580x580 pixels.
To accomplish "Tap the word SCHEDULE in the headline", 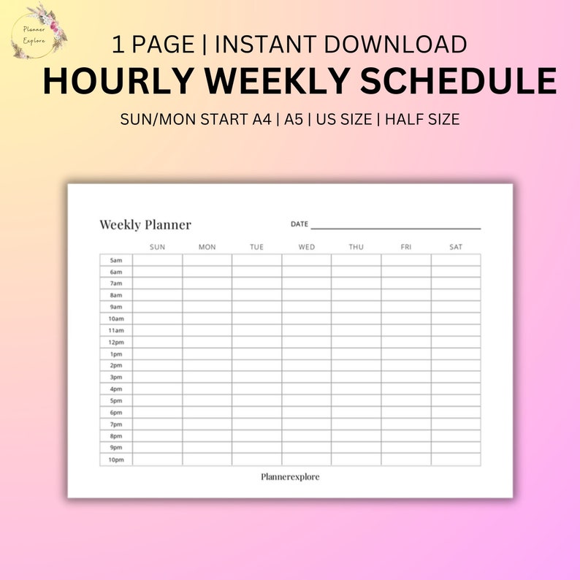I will (459, 81).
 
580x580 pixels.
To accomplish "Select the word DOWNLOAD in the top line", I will (395, 45).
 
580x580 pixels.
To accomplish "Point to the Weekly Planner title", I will (145, 225).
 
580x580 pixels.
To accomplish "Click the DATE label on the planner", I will (299, 224).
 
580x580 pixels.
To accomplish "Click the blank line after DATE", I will (395, 227).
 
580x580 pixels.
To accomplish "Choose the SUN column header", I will (157, 247).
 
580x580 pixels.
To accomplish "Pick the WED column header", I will (307, 247).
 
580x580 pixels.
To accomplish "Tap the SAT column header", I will (456, 247).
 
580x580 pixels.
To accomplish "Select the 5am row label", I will (116, 260).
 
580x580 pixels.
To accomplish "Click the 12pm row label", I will (116, 342).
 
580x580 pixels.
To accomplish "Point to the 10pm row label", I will (116, 459).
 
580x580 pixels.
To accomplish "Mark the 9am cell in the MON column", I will (207, 307).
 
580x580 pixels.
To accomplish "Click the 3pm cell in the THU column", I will (356, 377).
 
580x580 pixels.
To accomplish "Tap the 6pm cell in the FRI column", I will (406, 412).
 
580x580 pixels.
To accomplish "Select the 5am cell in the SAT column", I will (456, 260).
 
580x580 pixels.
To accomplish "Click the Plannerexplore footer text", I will (290, 477).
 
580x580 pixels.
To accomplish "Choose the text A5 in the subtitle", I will (294, 120).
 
